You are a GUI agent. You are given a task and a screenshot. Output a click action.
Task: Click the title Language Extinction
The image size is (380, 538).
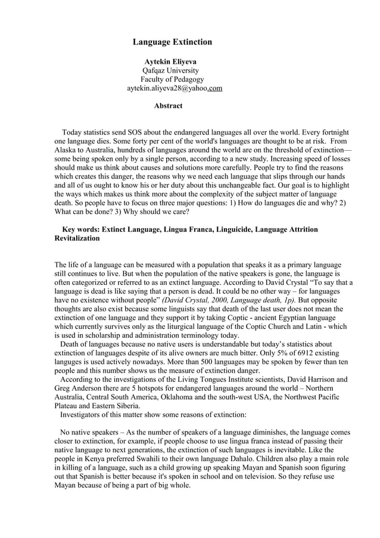pyautogui.click(x=172, y=42)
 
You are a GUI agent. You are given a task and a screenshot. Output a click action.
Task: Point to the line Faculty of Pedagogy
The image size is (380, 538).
pyautogui.click(x=172, y=79)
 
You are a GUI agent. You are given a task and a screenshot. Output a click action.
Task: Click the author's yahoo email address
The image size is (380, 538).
pyautogui.click(x=175, y=88)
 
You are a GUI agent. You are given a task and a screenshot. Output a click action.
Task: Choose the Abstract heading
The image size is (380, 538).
pyautogui.click(x=168, y=106)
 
